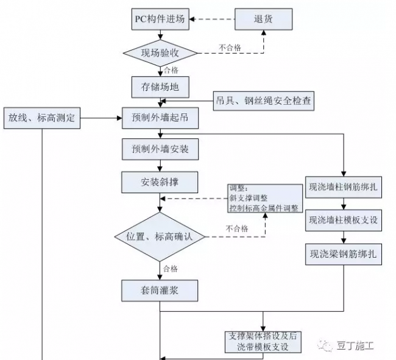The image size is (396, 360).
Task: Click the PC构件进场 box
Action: click(x=160, y=18)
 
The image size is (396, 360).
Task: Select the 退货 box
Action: click(x=263, y=18)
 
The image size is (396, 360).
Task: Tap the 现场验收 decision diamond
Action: click(x=160, y=52)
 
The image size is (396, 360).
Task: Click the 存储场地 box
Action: click(x=160, y=86)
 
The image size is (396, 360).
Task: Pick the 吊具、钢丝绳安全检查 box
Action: click(x=263, y=101)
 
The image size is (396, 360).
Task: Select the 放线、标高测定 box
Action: click(x=41, y=118)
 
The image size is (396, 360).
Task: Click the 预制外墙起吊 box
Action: click(x=160, y=118)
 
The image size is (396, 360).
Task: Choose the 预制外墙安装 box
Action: click(x=160, y=149)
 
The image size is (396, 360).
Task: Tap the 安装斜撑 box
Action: click(x=160, y=181)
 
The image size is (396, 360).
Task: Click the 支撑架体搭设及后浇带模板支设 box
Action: click(x=263, y=342)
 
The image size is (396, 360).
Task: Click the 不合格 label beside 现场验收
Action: click(x=230, y=46)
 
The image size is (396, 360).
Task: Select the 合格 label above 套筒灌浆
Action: click(x=170, y=268)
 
